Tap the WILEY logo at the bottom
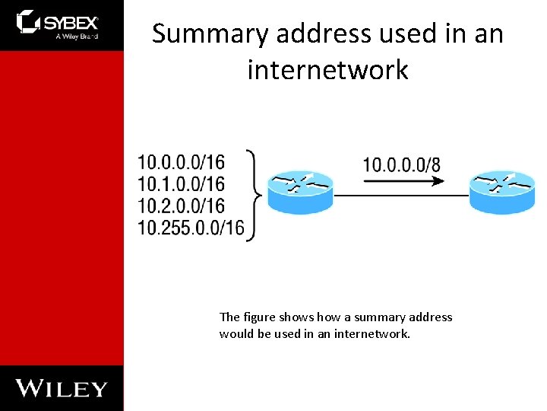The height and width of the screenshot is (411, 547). click(x=62, y=387)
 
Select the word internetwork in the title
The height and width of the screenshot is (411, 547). click(x=327, y=70)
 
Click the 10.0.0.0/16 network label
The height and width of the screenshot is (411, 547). click(x=182, y=162)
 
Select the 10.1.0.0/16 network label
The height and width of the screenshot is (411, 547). click(x=182, y=184)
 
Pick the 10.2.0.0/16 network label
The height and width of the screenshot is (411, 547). click(x=182, y=206)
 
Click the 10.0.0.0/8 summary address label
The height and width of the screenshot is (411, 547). click(x=401, y=164)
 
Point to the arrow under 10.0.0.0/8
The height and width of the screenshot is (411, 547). click(x=403, y=181)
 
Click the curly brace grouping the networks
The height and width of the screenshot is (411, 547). click(x=256, y=195)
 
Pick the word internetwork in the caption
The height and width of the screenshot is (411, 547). click(x=371, y=333)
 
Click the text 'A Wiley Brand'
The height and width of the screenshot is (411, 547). click(x=77, y=36)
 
